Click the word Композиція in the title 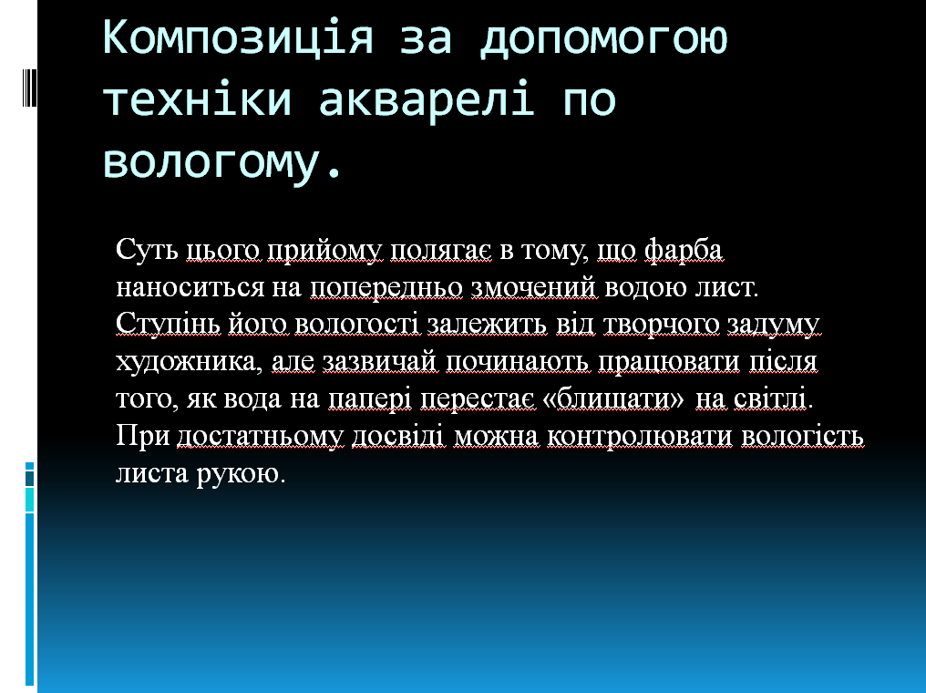click(x=238, y=37)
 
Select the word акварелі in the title click(x=427, y=98)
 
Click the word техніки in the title click(x=198, y=98)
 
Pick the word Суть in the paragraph click(x=147, y=249)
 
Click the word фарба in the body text click(x=684, y=251)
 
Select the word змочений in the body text click(x=534, y=288)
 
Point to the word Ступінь click(x=168, y=325)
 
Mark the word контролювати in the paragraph click(x=640, y=437)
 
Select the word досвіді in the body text click(x=396, y=436)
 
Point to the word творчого click(x=662, y=325)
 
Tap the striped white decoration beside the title click(x=29, y=87)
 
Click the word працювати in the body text click(x=668, y=362)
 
